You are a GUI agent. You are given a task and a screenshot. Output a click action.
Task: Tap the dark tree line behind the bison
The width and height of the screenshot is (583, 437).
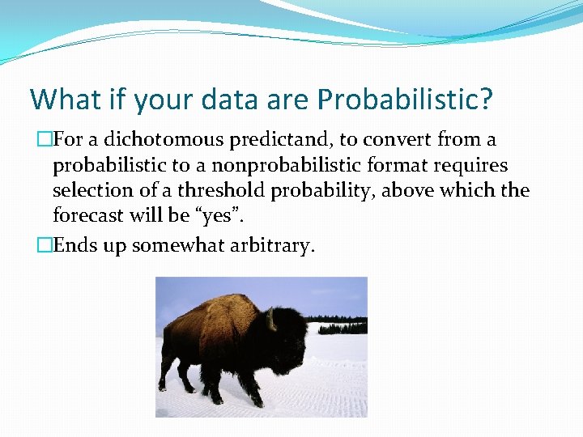(340, 327)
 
